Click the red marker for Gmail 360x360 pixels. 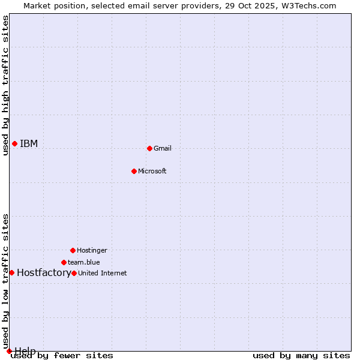(x=149, y=148)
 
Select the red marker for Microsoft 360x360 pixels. (x=134, y=171)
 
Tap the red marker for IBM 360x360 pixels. (x=14, y=143)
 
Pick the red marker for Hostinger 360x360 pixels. (x=73, y=250)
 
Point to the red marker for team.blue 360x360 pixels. (x=64, y=262)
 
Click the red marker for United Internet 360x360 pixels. (x=74, y=273)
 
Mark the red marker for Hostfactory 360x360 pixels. (x=11, y=272)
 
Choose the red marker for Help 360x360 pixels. (x=9, y=351)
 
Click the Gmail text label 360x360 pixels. (x=163, y=148)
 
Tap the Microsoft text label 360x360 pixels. (x=152, y=171)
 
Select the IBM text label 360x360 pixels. (x=29, y=143)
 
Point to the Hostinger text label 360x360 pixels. (x=92, y=250)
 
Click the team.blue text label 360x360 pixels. (x=84, y=262)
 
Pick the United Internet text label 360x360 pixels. (x=103, y=273)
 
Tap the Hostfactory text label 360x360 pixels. (x=44, y=272)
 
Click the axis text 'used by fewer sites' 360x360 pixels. (x=62, y=355)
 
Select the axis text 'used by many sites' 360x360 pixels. (x=301, y=355)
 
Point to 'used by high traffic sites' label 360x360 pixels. (x=5, y=85)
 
